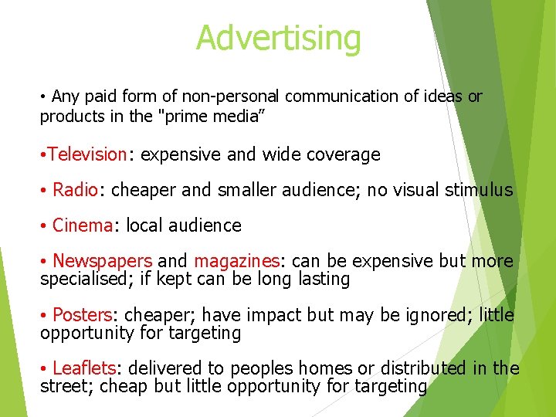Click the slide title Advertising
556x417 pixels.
point(278,37)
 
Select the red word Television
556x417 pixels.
point(86,154)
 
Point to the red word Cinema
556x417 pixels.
point(83,225)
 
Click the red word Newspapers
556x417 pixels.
point(102,261)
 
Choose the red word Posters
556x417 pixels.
point(83,315)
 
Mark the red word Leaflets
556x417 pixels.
point(83,368)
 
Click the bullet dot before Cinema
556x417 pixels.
point(45,226)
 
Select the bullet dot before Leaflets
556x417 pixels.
point(45,369)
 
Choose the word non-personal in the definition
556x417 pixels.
point(240,97)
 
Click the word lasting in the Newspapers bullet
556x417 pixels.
point(323,279)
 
